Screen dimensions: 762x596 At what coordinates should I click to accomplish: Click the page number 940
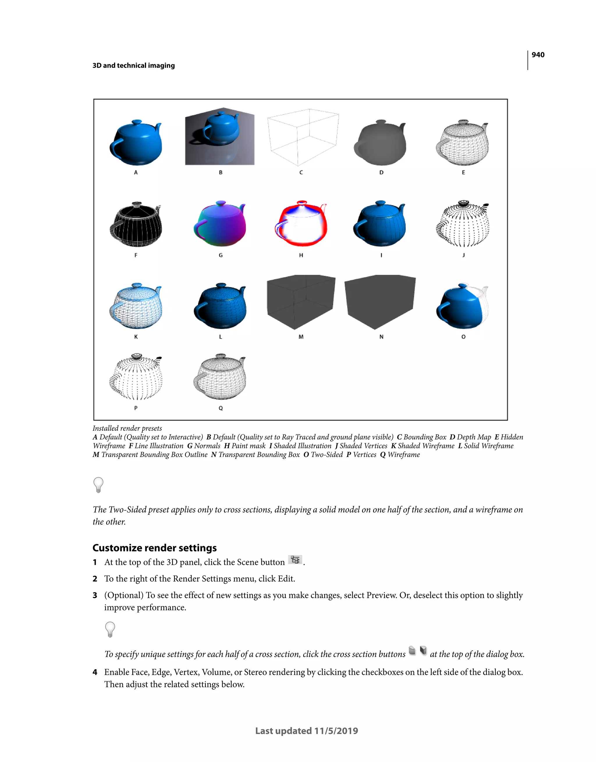538,55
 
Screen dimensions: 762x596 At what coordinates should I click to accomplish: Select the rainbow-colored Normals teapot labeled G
220,224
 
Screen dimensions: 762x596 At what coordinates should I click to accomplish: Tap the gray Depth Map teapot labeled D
381,143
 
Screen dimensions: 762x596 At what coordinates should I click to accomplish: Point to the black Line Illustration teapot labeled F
136,225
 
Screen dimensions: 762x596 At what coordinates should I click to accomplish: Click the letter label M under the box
301,337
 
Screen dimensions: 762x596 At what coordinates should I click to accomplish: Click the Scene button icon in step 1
295,560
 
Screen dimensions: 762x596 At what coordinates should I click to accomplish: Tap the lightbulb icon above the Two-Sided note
98,485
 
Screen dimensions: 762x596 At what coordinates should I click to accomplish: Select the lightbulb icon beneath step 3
110,629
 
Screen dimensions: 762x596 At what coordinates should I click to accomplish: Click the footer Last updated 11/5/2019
306,731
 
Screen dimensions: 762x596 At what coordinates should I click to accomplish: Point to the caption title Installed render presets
127,428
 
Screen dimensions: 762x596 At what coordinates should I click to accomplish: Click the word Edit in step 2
285,578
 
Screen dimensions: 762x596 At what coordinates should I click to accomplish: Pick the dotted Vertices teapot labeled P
136,377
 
